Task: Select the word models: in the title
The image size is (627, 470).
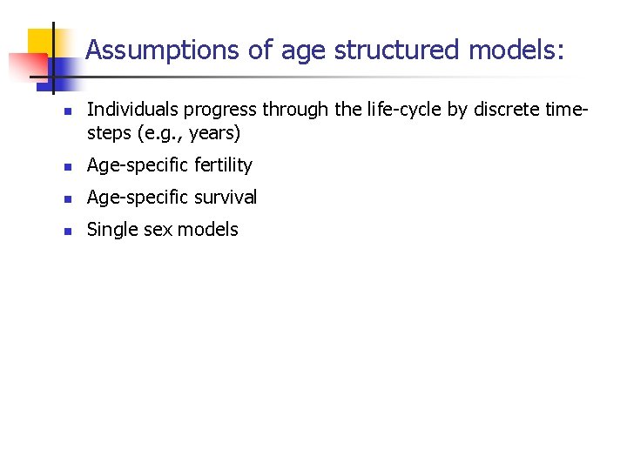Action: [x=516, y=50]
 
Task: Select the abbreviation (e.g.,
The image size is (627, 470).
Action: [x=158, y=135]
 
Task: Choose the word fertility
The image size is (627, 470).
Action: [x=221, y=165]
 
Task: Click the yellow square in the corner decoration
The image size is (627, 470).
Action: [x=44, y=42]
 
